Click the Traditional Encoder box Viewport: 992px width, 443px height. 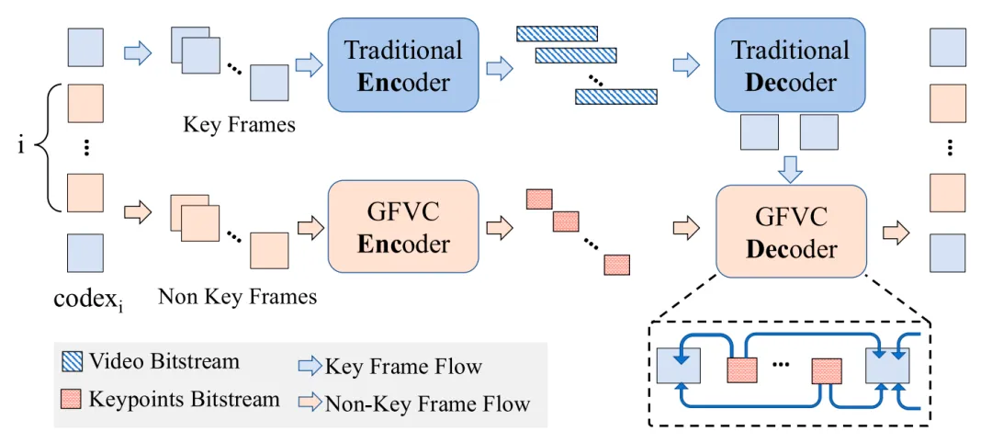click(x=403, y=64)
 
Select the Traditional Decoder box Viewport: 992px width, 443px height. click(x=790, y=64)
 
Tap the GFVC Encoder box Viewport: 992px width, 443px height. click(x=403, y=227)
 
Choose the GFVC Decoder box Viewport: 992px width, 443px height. click(x=790, y=232)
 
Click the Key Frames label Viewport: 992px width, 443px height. click(x=240, y=124)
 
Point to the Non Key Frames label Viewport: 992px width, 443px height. click(x=237, y=296)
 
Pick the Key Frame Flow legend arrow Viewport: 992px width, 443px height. click(x=311, y=367)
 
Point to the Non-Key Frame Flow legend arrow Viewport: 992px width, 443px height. click(x=311, y=402)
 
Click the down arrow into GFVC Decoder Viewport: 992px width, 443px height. click(x=790, y=168)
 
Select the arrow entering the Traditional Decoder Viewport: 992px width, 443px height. click(x=686, y=64)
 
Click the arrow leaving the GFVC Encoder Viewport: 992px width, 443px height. click(x=499, y=226)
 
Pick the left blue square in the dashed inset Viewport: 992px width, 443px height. click(x=679, y=368)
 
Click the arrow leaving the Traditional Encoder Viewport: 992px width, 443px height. click(x=499, y=65)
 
